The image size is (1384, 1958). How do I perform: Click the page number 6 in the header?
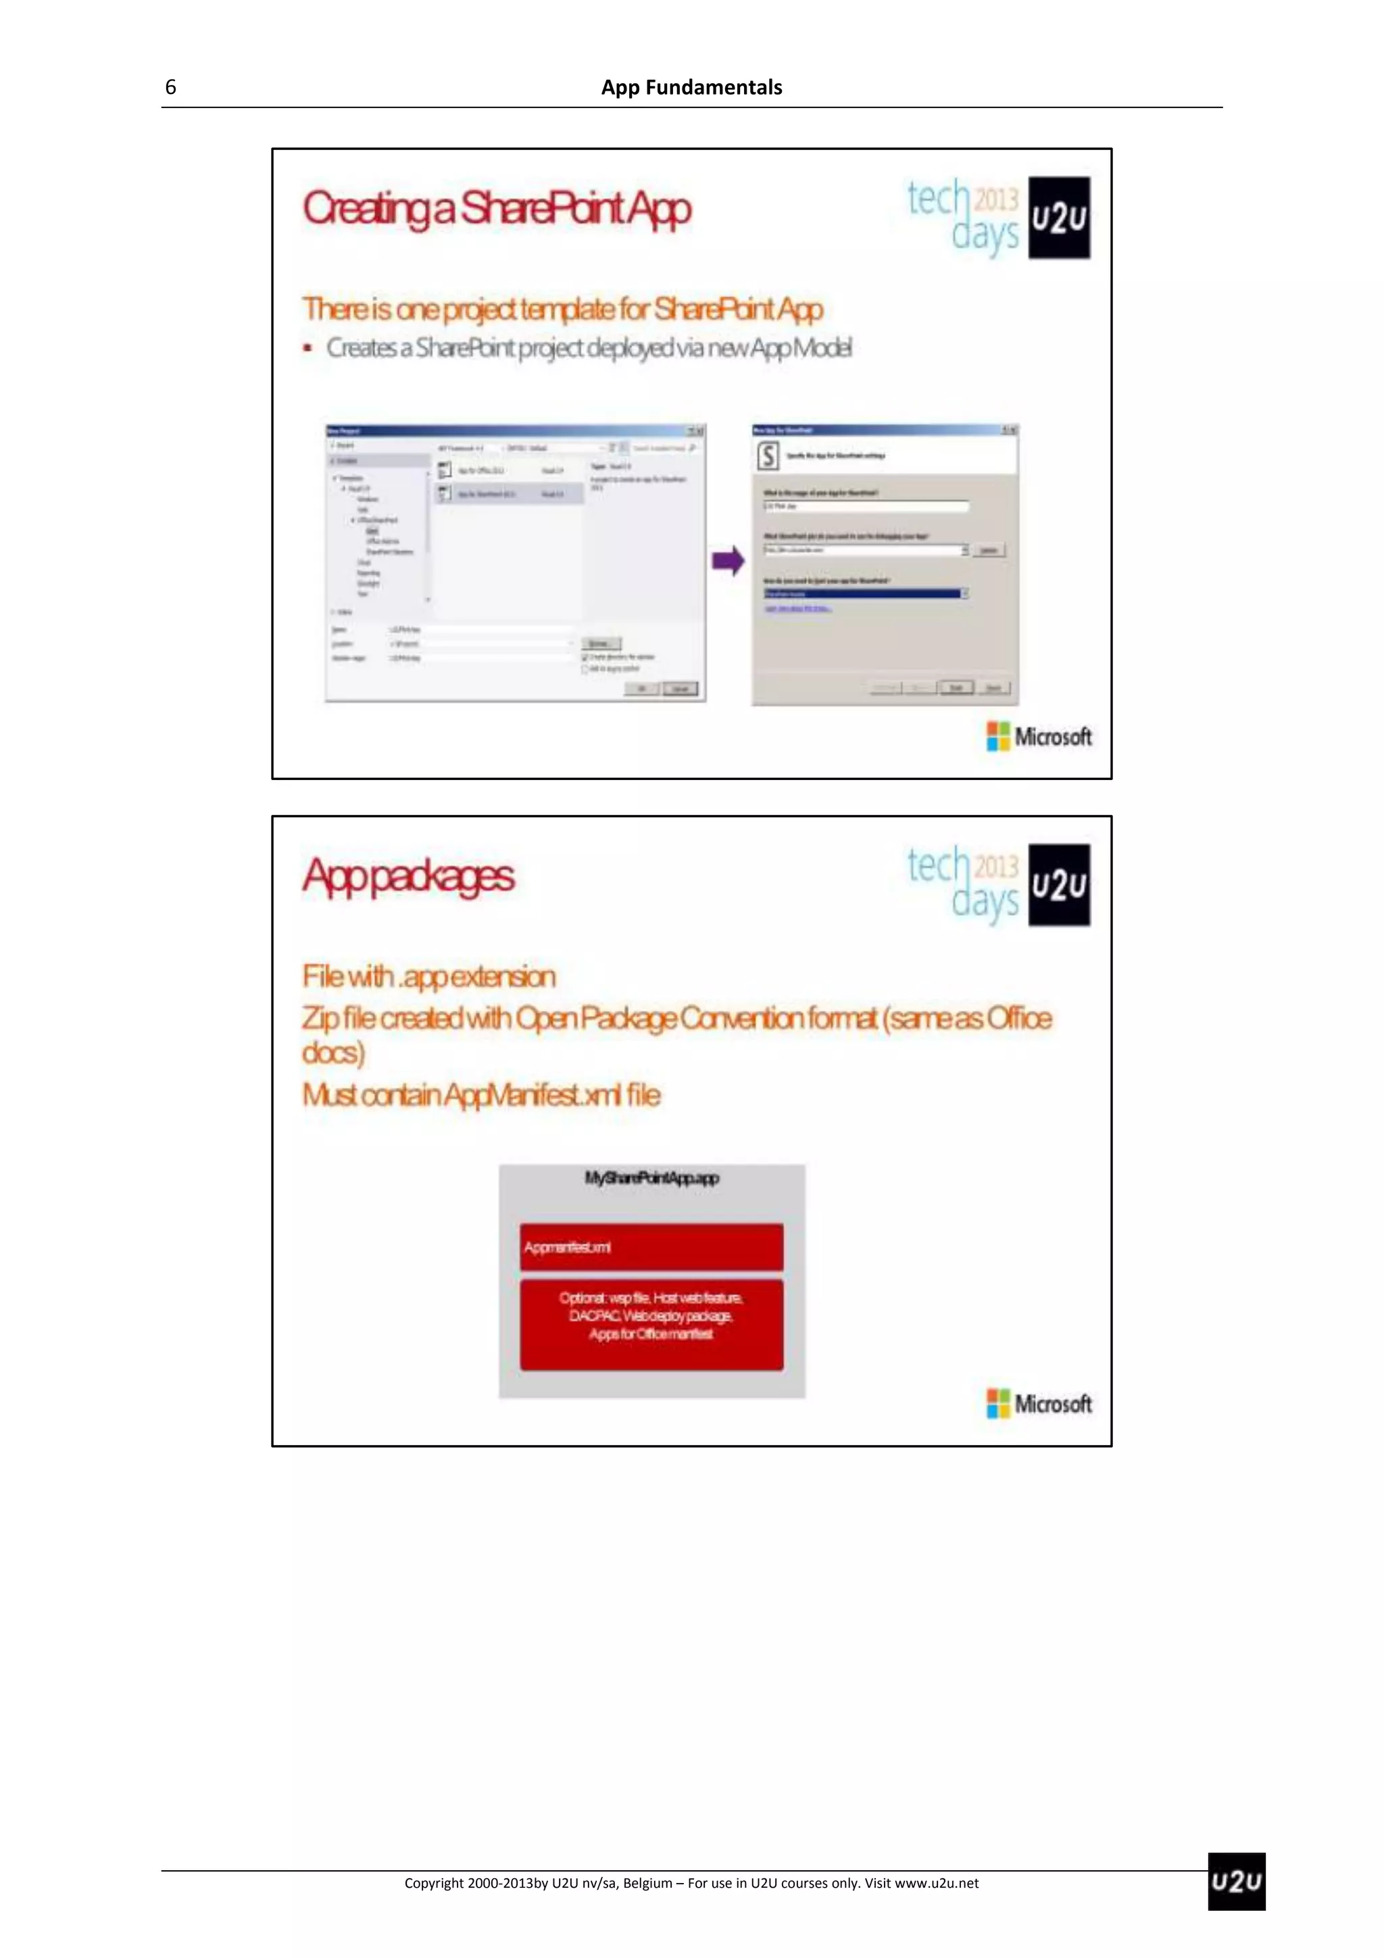(170, 87)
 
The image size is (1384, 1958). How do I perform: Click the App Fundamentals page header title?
(691, 87)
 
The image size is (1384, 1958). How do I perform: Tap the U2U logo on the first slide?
(1058, 218)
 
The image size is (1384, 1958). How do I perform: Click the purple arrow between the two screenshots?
(728, 561)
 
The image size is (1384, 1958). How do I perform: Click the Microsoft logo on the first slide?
(1039, 736)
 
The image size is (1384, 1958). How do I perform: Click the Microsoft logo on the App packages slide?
(1039, 1403)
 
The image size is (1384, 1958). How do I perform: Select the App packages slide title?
(408, 876)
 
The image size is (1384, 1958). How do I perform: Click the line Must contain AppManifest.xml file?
(481, 1094)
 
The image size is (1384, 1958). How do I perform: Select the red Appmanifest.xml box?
(651, 1247)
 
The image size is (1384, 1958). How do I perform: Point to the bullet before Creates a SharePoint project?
(307, 348)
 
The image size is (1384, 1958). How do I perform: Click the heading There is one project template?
(563, 309)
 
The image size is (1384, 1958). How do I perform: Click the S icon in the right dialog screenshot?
(768, 456)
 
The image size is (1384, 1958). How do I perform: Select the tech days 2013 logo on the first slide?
(964, 216)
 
